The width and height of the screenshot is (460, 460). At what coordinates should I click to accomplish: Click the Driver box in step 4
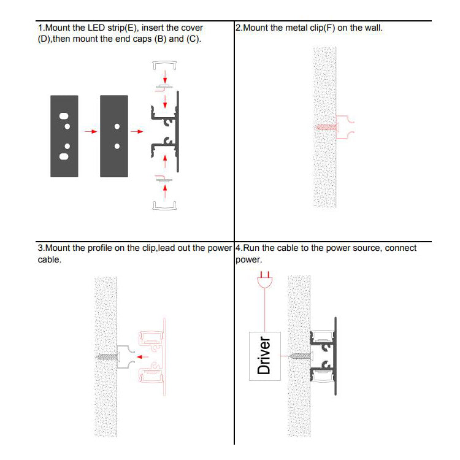tap(264, 356)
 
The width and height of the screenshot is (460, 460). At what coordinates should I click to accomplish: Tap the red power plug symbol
tap(264, 280)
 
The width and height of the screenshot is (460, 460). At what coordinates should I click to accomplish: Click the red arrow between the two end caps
tap(91, 131)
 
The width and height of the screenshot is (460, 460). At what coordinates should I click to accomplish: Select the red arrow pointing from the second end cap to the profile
tap(137, 131)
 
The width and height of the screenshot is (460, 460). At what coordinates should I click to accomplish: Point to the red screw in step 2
tap(326, 128)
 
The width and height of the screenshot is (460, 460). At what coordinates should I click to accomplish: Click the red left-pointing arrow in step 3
tap(142, 357)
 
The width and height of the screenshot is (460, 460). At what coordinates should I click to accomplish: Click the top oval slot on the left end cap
tap(64, 116)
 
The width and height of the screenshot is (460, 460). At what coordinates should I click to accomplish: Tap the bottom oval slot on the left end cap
tap(64, 156)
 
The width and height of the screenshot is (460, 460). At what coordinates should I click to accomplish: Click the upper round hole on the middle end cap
tap(117, 126)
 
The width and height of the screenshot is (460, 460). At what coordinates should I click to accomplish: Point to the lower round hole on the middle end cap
tap(117, 146)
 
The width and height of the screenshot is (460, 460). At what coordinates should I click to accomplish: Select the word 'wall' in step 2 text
tap(372, 28)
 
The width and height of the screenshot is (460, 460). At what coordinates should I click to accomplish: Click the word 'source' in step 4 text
tap(367, 248)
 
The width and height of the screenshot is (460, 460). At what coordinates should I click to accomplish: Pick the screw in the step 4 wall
tap(300, 356)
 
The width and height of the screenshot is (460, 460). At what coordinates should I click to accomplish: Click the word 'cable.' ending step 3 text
tap(50, 259)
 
